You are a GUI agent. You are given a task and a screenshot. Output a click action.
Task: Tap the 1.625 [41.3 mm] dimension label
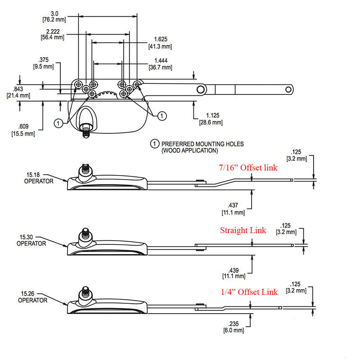[160, 43]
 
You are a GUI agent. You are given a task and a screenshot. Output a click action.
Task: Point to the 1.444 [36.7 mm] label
[161, 64]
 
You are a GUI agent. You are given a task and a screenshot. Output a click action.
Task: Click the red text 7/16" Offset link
[248, 168]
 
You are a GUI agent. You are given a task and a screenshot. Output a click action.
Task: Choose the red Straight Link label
[243, 230]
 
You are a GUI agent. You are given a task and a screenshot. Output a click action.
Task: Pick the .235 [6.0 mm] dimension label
[233, 327]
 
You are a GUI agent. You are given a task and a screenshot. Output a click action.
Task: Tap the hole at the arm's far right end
[288, 90]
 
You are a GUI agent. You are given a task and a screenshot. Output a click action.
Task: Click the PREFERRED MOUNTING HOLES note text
[202, 147]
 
